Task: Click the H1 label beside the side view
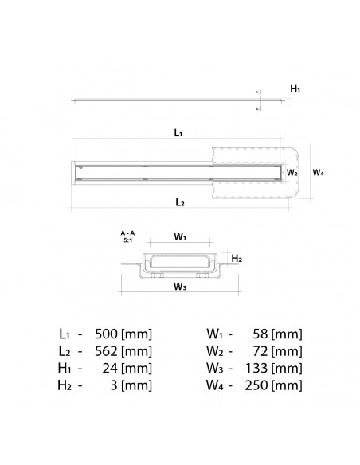tap(295, 91)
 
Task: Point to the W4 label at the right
tap(318, 172)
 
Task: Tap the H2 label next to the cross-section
tap(237, 259)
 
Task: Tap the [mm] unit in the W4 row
tap(288, 388)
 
